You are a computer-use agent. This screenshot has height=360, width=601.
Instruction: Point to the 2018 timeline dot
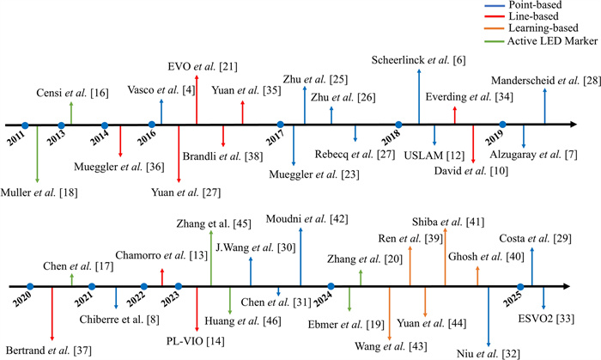tap(398, 125)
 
